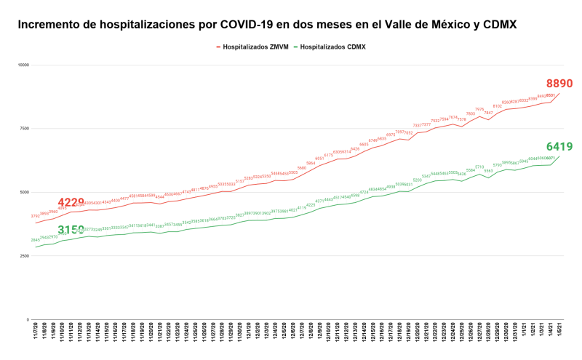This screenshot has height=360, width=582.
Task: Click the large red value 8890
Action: coord(559,84)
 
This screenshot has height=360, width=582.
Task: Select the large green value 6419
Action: coord(559,146)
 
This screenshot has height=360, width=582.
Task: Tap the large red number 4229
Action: coord(71,203)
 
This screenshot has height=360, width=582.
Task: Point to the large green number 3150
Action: coord(71,231)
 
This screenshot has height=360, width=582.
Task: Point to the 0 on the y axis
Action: coord(26,319)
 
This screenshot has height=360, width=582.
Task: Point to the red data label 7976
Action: coord(479,109)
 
